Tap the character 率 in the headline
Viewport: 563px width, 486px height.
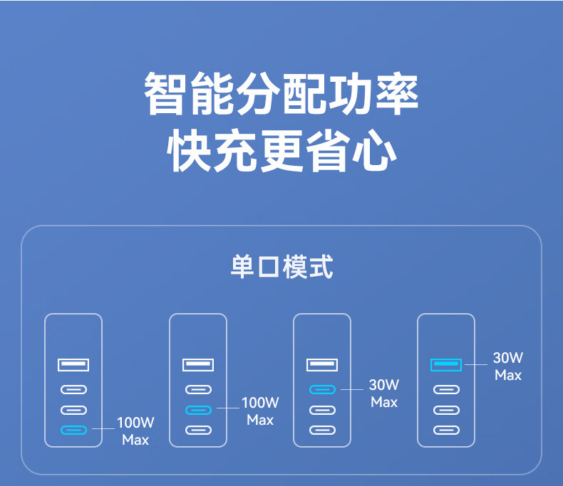tap(396, 93)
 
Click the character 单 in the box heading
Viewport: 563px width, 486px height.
tap(243, 268)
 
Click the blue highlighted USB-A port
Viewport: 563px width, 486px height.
tap(446, 365)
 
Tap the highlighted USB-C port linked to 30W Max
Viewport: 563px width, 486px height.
tap(322, 389)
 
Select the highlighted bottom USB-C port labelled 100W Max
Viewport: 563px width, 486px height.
tap(73, 430)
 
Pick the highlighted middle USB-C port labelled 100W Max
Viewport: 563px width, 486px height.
tap(198, 410)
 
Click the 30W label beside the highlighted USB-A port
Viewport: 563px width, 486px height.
tap(508, 358)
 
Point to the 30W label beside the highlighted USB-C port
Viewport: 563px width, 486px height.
tap(384, 385)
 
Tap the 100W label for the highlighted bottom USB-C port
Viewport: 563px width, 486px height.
tap(135, 423)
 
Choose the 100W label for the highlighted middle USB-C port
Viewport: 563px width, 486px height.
tap(260, 403)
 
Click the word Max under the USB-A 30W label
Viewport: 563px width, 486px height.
tap(508, 375)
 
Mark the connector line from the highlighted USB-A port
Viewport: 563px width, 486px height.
tap(476, 365)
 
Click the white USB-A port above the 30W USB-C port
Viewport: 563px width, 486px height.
tap(322, 365)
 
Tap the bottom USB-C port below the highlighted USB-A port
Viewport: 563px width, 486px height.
tap(446, 430)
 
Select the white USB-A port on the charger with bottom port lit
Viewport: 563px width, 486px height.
tap(73, 365)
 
